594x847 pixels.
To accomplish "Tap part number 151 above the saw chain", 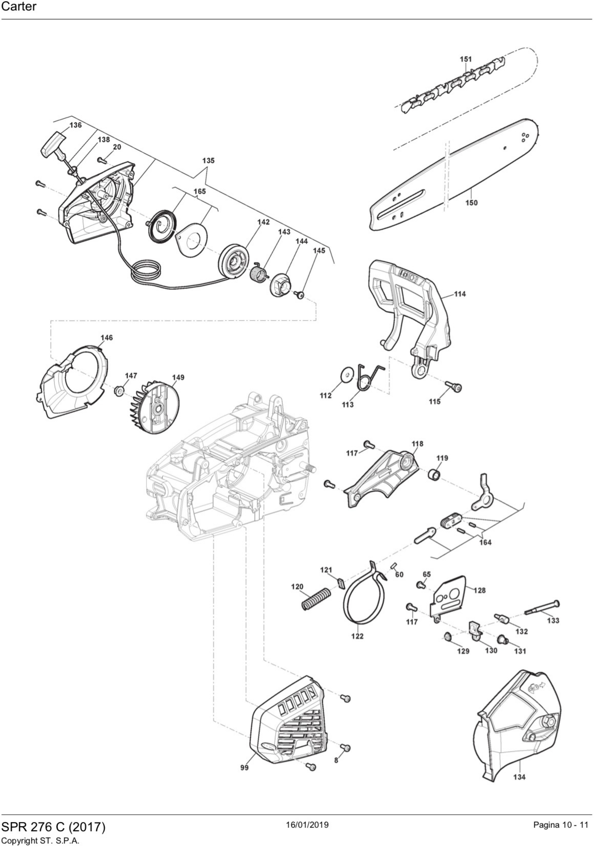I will click(x=466, y=59).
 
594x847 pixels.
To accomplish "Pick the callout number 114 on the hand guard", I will click(x=460, y=294).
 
